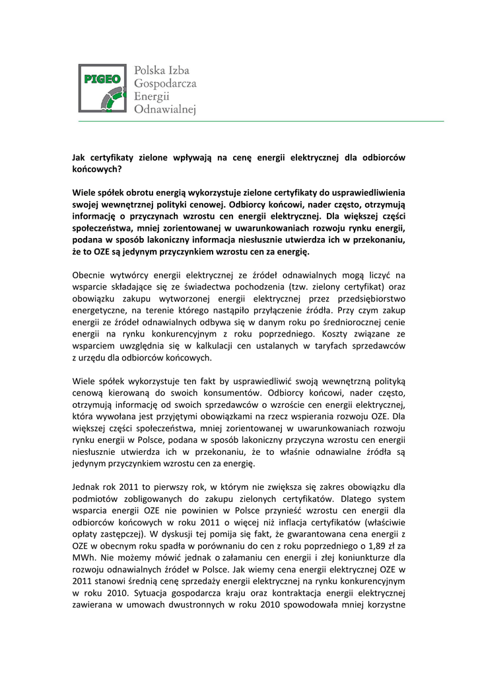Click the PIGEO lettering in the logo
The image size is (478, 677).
click(102, 80)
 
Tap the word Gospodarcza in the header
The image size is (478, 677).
click(165, 83)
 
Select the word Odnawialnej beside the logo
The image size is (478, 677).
click(165, 110)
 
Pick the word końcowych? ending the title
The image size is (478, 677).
click(97, 169)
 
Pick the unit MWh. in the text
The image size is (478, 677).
click(83, 559)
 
